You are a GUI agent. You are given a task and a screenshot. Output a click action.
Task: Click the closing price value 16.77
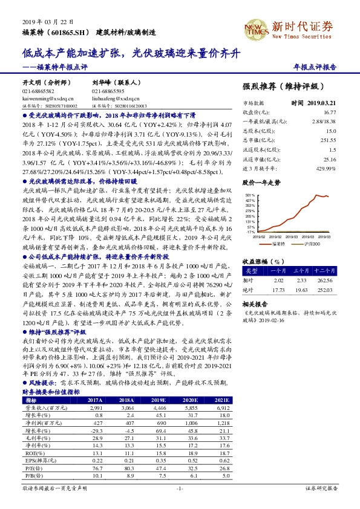point(329,112)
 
